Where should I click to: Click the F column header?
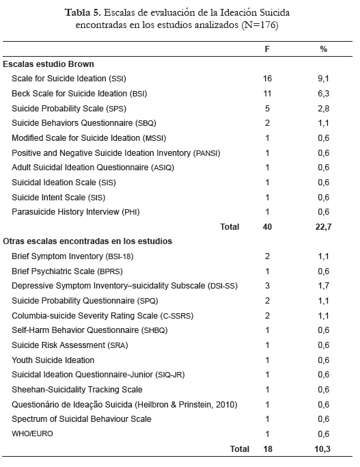pyautogui.click(x=267, y=49)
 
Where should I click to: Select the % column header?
pyautogui.click(x=323, y=49)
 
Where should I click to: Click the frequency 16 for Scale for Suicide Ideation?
pyautogui.click(x=267, y=79)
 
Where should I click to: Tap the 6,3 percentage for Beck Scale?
pyautogui.click(x=323, y=94)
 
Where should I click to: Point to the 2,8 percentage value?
pyautogui.click(x=323, y=109)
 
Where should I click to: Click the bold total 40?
pyautogui.click(x=267, y=226)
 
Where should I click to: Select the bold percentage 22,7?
pyautogui.click(x=323, y=227)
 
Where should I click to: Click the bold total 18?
pyautogui.click(x=268, y=449)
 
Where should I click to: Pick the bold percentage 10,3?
pyautogui.click(x=323, y=449)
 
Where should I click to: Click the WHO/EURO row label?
pyautogui.click(x=32, y=433)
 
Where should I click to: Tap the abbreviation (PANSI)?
pyautogui.click(x=207, y=153)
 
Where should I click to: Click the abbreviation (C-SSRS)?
pyautogui.click(x=177, y=316)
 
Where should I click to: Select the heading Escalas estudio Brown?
pyautogui.click(x=49, y=64)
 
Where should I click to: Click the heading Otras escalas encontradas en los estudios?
pyautogui.click(x=87, y=241)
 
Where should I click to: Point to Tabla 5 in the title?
pyautogui.click(x=83, y=12)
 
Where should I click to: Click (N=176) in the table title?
pyautogui.click(x=260, y=25)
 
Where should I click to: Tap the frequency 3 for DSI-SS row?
pyautogui.click(x=267, y=286)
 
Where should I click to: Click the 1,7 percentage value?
pyautogui.click(x=323, y=286)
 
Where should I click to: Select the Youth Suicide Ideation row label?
pyautogui.click(x=53, y=360)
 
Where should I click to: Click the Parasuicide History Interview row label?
pyautogui.click(x=76, y=212)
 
